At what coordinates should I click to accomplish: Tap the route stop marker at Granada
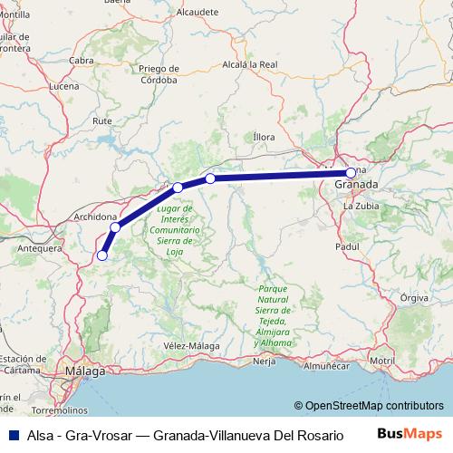pyautogui.click(x=351, y=172)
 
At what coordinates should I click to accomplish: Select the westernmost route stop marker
pyautogui.click(x=101, y=255)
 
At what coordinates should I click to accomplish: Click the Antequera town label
pyautogui.click(x=42, y=247)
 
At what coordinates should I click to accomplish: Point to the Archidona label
pyautogui.click(x=95, y=217)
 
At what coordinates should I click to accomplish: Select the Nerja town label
pyautogui.click(x=264, y=361)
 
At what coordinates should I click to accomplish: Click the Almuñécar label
pyautogui.click(x=325, y=366)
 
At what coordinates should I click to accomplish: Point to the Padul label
pyautogui.click(x=347, y=246)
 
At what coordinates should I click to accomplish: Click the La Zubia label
pyautogui.click(x=359, y=207)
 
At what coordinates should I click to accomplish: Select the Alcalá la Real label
pyautogui.click(x=250, y=64)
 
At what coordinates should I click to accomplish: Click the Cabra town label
pyautogui.click(x=82, y=60)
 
